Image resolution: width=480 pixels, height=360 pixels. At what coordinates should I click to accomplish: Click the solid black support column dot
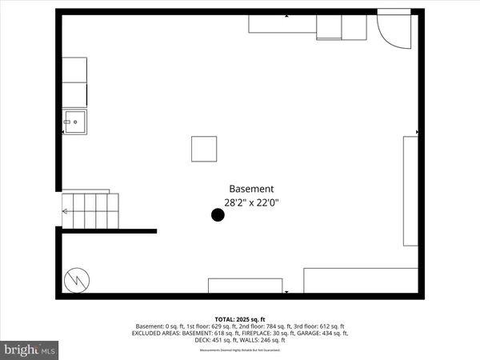pyautogui.click(x=217, y=214)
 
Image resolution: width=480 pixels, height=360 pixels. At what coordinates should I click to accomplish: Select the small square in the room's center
pyautogui.click(x=204, y=149)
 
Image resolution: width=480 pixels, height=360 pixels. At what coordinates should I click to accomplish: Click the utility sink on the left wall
pyautogui.click(x=77, y=123)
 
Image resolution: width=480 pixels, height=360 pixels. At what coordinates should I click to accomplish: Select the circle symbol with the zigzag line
pyautogui.click(x=77, y=280)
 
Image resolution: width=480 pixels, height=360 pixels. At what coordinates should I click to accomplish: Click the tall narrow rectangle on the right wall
pyautogui.click(x=410, y=190)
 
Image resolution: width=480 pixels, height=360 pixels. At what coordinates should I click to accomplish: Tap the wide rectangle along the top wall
pyautogui.click(x=282, y=23)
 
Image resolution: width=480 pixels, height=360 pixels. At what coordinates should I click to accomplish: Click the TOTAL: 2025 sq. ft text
pyautogui.click(x=240, y=318)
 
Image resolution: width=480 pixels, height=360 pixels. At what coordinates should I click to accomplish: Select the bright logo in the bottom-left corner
pyautogui.click(x=30, y=350)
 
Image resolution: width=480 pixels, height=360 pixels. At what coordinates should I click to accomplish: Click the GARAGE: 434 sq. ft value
pyautogui.click(x=322, y=333)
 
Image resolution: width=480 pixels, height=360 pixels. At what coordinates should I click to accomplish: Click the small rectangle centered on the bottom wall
pyautogui.click(x=245, y=286)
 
